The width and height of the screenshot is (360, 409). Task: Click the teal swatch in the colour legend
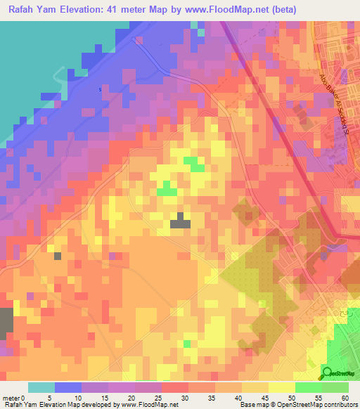point(41,387)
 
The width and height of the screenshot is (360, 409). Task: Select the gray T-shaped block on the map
point(181,221)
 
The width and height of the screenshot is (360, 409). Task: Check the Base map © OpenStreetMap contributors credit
point(298,405)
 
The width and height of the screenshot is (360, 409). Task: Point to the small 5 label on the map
point(101,89)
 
